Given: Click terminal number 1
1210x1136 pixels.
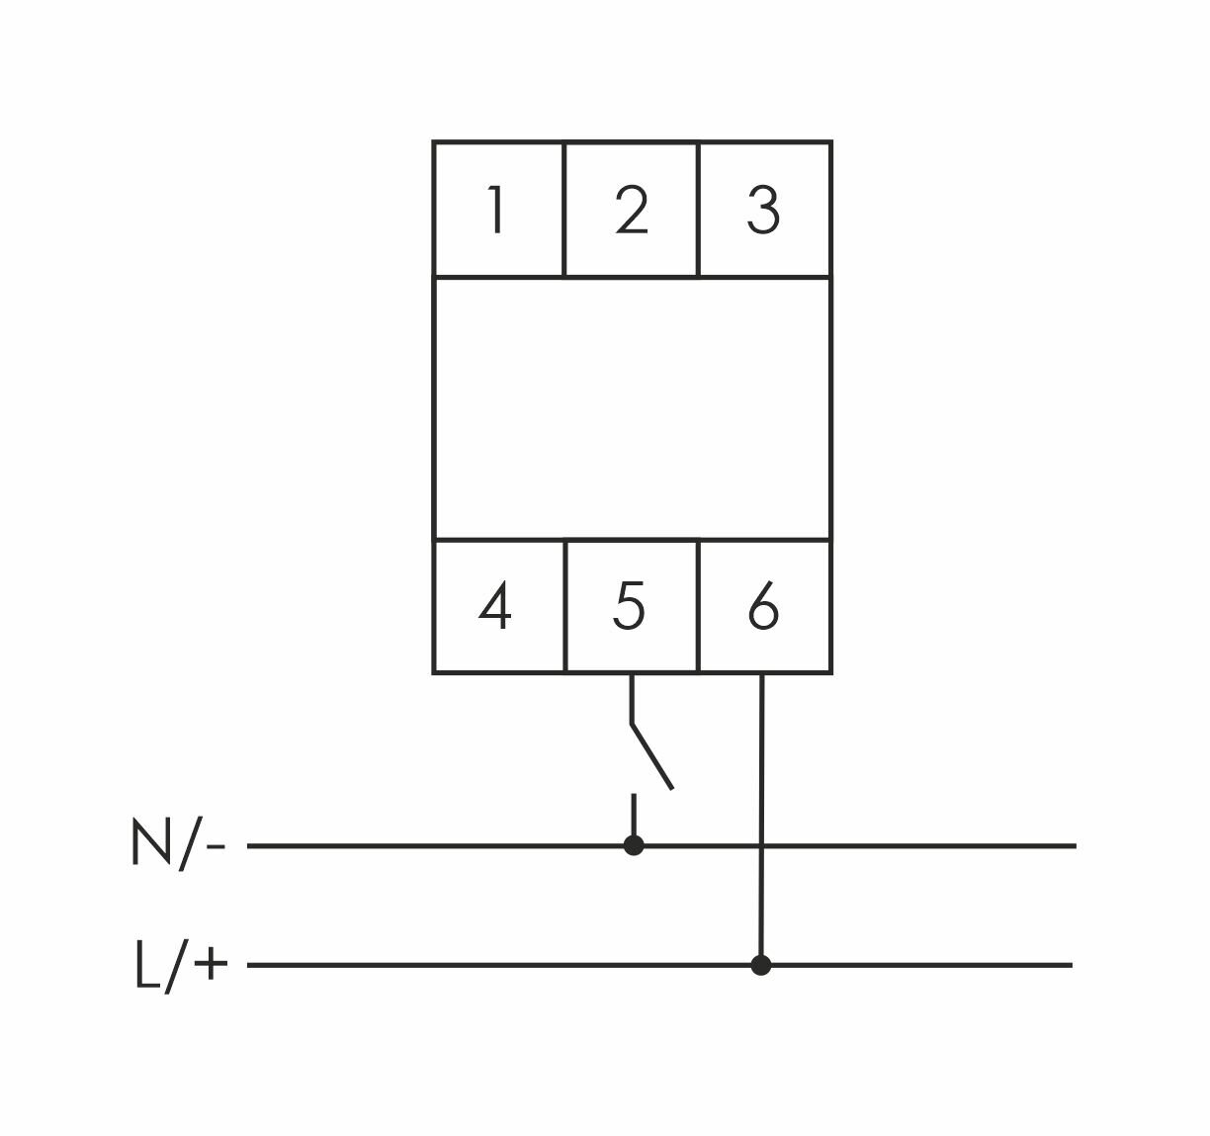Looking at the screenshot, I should [x=497, y=211].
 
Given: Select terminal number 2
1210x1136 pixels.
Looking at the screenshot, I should [x=631, y=211].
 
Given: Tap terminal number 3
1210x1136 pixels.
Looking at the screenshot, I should [x=763, y=211].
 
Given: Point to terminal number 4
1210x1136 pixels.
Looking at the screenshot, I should [x=495, y=607].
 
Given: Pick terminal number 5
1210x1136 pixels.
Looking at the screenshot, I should [x=629, y=607].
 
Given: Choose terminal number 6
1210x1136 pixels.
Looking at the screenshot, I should [x=763, y=607].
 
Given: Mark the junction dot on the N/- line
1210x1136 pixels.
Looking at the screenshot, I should [x=634, y=845].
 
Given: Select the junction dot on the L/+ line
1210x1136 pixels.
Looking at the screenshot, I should [x=760, y=965].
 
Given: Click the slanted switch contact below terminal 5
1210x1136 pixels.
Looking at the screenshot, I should [x=652, y=756].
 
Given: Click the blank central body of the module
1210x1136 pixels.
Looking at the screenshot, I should [x=632, y=408].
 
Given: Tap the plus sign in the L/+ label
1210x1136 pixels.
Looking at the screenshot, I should [x=211, y=964].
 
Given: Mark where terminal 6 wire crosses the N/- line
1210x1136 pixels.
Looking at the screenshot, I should [x=761, y=845].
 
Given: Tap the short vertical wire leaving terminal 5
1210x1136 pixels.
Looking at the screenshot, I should [x=631, y=698].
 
